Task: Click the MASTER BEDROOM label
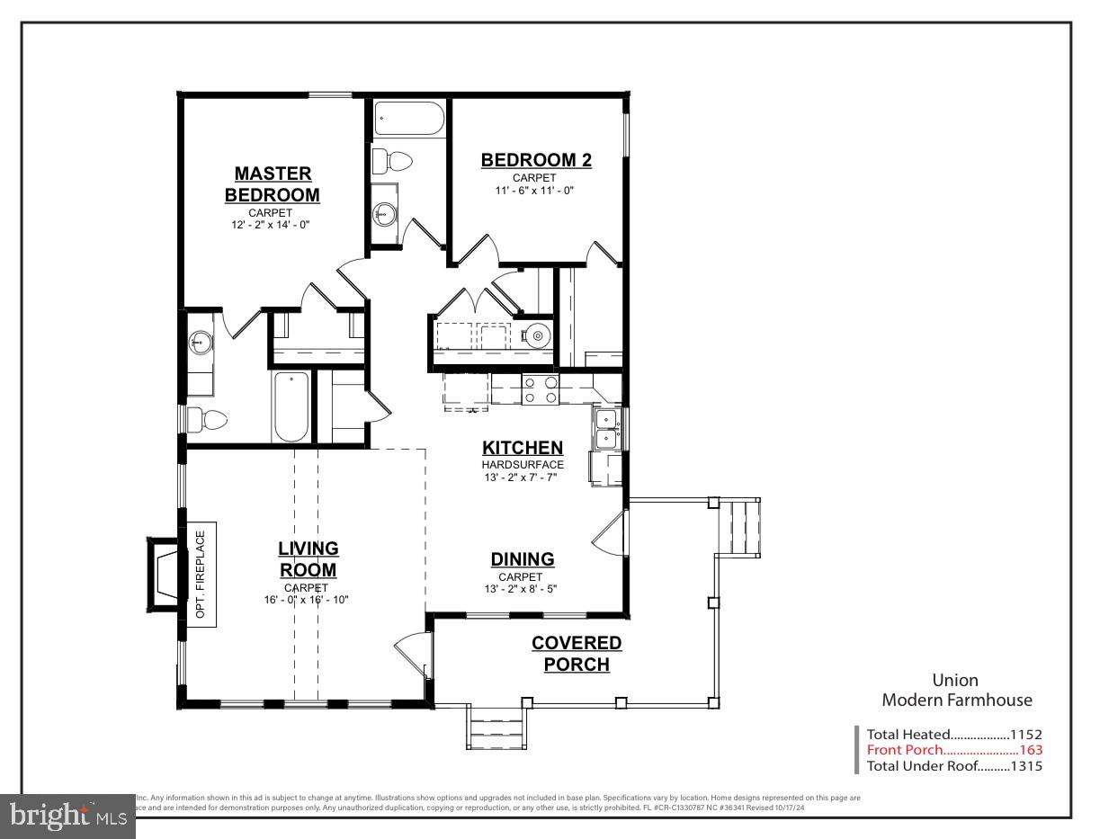click(x=272, y=183)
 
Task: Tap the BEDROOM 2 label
click(x=536, y=160)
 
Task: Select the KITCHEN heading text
click(x=523, y=448)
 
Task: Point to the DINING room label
click(x=522, y=559)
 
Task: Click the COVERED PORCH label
click(x=577, y=654)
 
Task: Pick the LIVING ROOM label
click(x=308, y=558)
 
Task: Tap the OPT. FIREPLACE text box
click(x=201, y=574)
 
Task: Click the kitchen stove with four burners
click(x=541, y=390)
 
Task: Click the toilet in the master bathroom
click(x=208, y=419)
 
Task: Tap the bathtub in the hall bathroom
click(x=409, y=118)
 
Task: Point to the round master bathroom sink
click(x=200, y=341)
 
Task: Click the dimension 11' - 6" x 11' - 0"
click(x=534, y=191)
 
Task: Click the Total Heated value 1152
click(x=1025, y=734)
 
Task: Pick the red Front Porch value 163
click(x=1031, y=750)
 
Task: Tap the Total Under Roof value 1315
click(x=1025, y=766)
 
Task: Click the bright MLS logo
click(x=67, y=816)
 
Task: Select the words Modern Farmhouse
click(x=957, y=700)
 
